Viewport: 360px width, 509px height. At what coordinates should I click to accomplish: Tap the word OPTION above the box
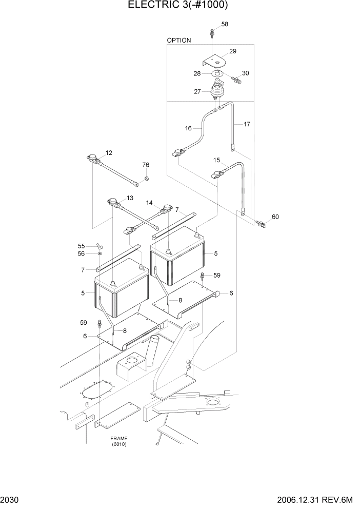(178, 40)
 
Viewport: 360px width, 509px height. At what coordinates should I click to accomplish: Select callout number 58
(225, 24)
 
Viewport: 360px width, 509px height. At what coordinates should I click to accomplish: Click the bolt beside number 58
(211, 34)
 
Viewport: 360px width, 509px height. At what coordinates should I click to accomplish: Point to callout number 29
(232, 51)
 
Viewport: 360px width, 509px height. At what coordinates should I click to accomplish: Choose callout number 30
(245, 73)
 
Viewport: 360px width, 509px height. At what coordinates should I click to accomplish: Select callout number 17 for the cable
(247, 124)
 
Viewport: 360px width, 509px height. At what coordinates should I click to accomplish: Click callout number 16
(188, 128)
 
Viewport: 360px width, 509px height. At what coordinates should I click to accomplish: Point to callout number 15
(216, 160)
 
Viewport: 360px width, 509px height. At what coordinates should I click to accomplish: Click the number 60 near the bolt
(275, 217)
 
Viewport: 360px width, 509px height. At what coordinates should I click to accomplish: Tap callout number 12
(109, 152)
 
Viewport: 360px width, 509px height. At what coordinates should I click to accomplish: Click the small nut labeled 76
(146, 179)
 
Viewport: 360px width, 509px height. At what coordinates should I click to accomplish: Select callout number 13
(130, 198)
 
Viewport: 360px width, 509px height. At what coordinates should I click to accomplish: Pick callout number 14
(149, 203)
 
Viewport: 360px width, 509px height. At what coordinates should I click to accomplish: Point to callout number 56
(81, 254)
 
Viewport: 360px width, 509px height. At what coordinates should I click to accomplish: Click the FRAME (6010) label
(118, 441)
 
